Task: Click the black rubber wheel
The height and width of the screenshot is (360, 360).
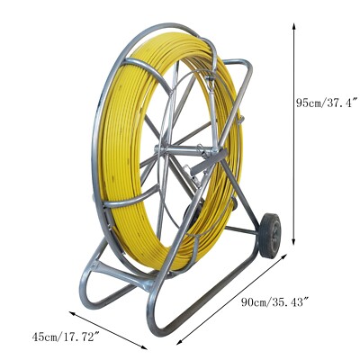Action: coord(270,236)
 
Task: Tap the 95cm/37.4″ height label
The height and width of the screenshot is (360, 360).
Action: coord(328,103)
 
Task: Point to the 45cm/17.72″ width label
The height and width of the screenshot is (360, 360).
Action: coord(66,337)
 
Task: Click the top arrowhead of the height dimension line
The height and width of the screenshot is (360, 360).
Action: coord(294,25)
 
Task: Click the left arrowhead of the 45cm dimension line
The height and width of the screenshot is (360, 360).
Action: coord(73,313)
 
